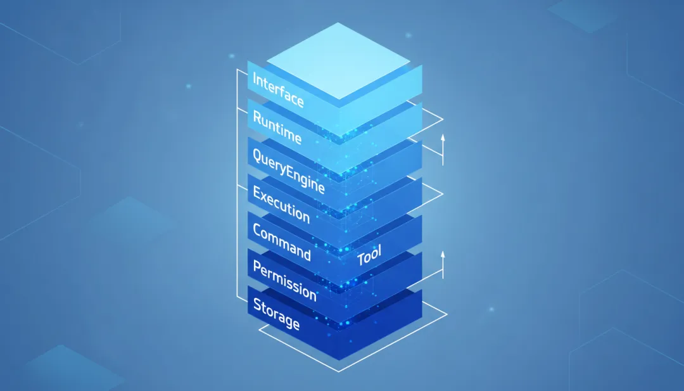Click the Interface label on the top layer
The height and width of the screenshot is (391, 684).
pyautogui.click(x=278, y=91)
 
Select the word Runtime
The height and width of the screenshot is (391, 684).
pyautogui.click(x=277, y=127)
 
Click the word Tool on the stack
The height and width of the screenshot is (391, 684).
pyautogui.click(x=369, y=256)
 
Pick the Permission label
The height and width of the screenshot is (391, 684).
pyautogui.click(x=284, y=279)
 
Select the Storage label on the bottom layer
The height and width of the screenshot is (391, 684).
pyautogui.click(x=276, y=314)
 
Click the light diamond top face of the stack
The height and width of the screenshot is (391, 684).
pyautogui.click(x=338, y=60)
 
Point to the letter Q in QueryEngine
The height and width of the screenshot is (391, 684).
pyautogui.click(x=258, y=154)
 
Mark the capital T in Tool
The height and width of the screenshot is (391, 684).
pyautogui.click(x=360, y=260)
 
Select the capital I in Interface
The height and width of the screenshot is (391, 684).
pyautogui.click(x=255, y=79)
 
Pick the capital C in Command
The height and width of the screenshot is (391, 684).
pyautogui.click(x=258, y=230)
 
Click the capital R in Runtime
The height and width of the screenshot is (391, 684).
pyautogui.click(x=257, y=117)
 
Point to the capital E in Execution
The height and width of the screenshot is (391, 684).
pyautogui.click(x=257, y=193)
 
